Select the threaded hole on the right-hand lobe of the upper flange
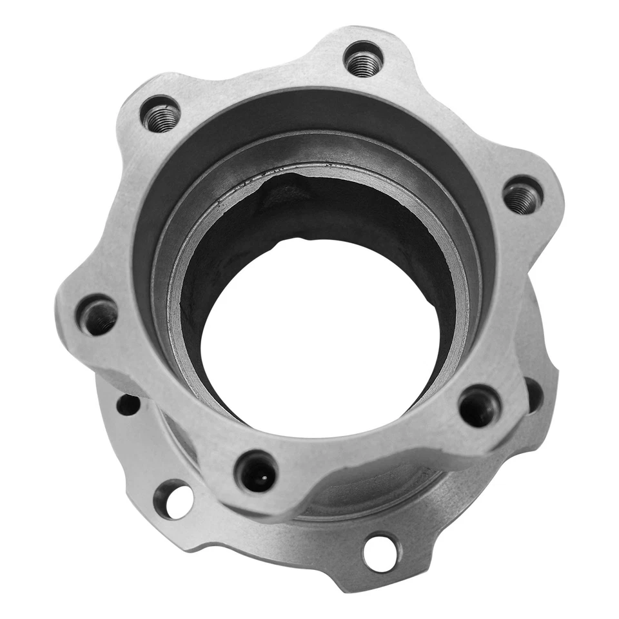click(522, 195)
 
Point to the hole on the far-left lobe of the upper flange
click(99, 315)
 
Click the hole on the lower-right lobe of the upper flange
click(480, 406)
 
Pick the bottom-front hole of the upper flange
click(257, 471)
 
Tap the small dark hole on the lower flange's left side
click(128, 405)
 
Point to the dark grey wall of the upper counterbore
click(193, 168)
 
